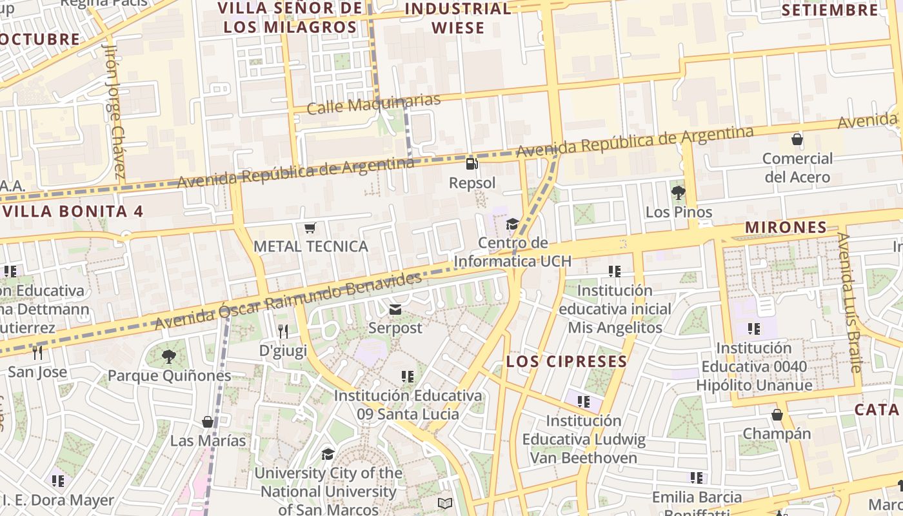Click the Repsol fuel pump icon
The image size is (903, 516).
coord(472,163)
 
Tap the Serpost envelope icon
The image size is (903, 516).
coord(395,310)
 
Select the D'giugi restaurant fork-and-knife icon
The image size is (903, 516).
coord(283,332)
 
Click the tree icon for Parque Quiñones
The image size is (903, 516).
coord(168,357)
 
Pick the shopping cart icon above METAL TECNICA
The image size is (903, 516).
coord(310,228)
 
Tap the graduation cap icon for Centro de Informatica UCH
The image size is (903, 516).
coord(512,224)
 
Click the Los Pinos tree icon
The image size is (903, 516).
coord(678,192)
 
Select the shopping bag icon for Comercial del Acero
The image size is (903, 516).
coord(797,139)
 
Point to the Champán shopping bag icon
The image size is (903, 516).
coord(777,415)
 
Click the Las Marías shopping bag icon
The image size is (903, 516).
coord(208,422)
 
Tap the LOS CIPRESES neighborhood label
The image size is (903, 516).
coord(567,361)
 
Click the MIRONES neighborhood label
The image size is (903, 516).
coord(786,227)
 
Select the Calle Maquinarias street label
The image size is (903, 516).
coord(373,103)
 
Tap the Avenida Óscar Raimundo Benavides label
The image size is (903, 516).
coord(288,301)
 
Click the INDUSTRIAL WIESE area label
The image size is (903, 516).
coord(458,18)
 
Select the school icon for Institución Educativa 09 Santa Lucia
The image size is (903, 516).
coord(407,376)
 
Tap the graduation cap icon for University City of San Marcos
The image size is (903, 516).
coord(328,454)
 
